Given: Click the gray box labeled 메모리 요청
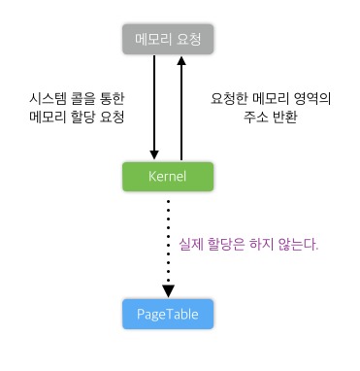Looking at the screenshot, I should tap(168, 40).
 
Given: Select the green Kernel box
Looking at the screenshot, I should tap(168, 177).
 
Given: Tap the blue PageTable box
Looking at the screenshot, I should tap(168, 314).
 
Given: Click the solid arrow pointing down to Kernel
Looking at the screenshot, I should tap(154, 107).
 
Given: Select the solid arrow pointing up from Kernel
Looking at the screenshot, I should tap(180, 107).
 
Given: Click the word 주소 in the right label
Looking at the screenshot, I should tap(254, 117).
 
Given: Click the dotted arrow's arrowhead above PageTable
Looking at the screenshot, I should tap(168, 290).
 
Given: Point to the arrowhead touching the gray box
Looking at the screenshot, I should tap(180, 62).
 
